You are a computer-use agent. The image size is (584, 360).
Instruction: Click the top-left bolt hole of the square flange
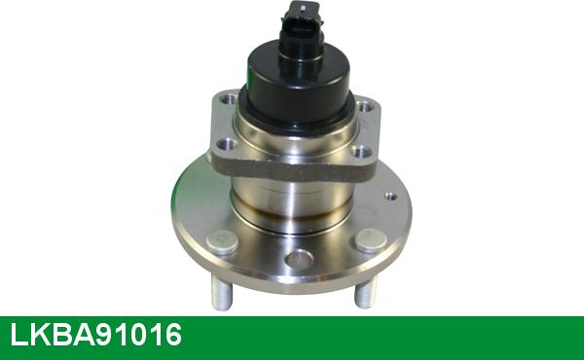227,98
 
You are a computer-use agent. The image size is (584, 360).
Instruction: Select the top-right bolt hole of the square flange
364,106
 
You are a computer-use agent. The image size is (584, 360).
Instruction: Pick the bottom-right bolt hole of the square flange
361,152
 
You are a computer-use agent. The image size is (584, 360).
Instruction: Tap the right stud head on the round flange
369,240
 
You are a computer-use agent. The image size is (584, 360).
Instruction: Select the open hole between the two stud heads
300,260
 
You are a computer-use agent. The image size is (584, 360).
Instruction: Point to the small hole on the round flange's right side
391,197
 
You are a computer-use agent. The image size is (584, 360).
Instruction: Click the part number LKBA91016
95,338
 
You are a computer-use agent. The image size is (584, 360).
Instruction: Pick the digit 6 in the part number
172,338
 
